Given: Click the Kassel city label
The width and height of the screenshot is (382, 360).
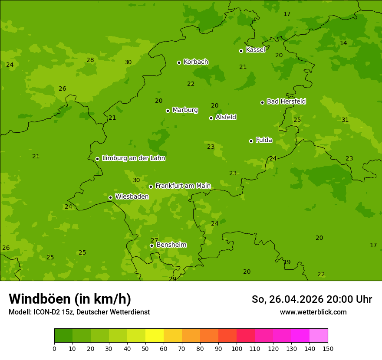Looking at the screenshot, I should coord(255,50).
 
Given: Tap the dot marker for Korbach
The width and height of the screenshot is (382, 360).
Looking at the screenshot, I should coord(179,62).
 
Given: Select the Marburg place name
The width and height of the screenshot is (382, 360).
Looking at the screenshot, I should coord(185,110).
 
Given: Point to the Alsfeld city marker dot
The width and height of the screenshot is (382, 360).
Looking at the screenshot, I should coord(211,118).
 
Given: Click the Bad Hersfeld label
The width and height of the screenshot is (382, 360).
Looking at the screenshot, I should coord(286,101).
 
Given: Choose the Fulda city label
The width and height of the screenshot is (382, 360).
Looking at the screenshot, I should coord(264,140).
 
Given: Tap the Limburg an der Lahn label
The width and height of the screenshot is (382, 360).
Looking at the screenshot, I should coord(133,158).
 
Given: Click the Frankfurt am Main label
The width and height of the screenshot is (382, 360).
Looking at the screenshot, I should coord(183,186).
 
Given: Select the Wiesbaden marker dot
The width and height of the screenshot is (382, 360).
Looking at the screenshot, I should coord(110,197).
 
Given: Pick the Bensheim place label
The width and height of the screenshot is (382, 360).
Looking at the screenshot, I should coord(171,245).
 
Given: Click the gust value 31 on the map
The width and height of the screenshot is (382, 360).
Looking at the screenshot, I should coord(345,120).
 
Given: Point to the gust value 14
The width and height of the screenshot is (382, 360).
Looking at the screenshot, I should coord(343,43).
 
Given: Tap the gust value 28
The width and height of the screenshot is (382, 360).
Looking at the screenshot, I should coord(90,60).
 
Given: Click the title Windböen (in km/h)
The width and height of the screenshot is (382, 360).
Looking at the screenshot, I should coord(70,299).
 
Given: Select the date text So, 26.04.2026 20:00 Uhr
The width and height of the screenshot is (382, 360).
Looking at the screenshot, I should coord(312,299).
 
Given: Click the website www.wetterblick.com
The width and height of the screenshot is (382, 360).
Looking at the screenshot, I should coord(313,312).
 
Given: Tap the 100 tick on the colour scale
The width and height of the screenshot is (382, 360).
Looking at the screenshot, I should coord(237,348).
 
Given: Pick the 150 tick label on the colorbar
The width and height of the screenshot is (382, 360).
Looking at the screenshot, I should coord(328,348).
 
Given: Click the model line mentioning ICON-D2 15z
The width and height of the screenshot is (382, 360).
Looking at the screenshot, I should coord(79,312).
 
